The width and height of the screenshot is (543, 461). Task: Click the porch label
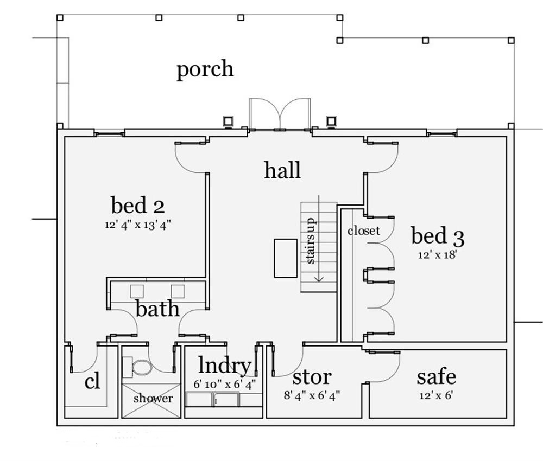tap(205, 70)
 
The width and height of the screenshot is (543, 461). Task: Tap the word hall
tap(282, 170)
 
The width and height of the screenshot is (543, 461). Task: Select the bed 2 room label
tap(138, 206)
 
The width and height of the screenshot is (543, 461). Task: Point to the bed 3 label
tap(437, 236)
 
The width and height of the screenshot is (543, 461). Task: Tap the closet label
tap(363, 230)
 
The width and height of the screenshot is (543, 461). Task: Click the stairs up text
tap(311, 242)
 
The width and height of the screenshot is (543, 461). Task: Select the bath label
tap(157, 309)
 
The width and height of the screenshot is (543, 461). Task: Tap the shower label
tap(153, 399)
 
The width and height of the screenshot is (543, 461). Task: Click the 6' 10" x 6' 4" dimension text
tap(225, 384)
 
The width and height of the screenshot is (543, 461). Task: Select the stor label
tap(312, 376)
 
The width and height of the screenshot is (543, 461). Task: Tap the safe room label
tap(436, 376)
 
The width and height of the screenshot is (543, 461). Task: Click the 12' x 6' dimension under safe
tap(436, 395)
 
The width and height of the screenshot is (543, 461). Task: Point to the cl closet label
tap(92, 382)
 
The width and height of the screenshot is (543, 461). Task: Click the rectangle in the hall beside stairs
tap(286, 258)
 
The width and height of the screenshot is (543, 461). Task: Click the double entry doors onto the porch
tap(279, 114)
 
